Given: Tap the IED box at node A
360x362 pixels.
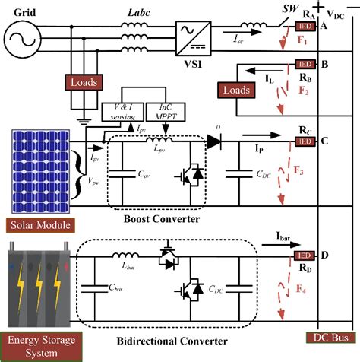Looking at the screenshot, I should [305, 26].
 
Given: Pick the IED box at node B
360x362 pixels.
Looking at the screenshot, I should [304, 65].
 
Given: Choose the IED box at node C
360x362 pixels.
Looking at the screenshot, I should [305, 141].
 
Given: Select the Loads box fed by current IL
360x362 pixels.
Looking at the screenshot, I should [236, 90].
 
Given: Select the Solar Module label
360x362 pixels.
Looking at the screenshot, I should [42, 226].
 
